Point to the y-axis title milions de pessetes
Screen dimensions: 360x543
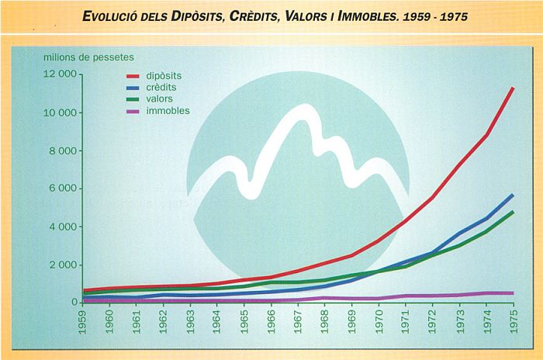(88, 57)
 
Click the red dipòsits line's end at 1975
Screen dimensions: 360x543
(513, 88)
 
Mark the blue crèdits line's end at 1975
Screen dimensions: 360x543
(513, 195)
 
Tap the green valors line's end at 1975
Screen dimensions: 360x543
(513, 212)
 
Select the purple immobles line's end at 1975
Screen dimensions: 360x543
(513, 293)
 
